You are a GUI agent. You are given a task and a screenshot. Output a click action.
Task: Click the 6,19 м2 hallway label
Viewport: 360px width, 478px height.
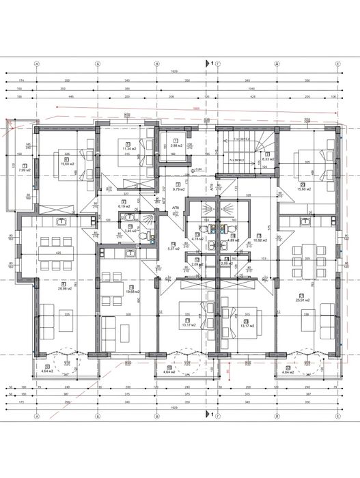124,205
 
